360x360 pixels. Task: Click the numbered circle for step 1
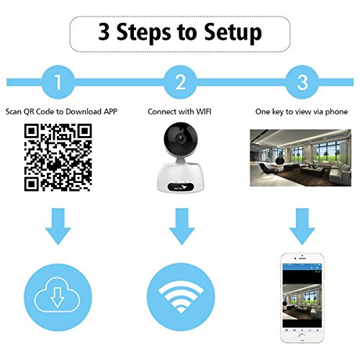[x=58, y=82]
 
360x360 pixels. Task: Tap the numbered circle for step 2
[x=180, y=82]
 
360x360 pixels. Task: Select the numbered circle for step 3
[x=302, y=82]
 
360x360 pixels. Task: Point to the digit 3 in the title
[x=104, y=32]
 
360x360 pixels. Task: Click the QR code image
[x=58, y=158]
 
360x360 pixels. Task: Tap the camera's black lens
[x=180, y=138]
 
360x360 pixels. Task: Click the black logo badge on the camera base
[x=181, y=187]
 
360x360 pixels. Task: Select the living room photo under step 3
[x=300, y=158]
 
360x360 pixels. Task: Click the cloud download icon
[x=58, y=297]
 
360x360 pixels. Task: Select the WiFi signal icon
[x=181, y=297]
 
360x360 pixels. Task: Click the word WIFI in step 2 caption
[x=204, y=112]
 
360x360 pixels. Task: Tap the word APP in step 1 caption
[x=110, y=112]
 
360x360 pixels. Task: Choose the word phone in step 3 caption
[x=336, y=112]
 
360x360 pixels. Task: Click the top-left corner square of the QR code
[x=31, y=131]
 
